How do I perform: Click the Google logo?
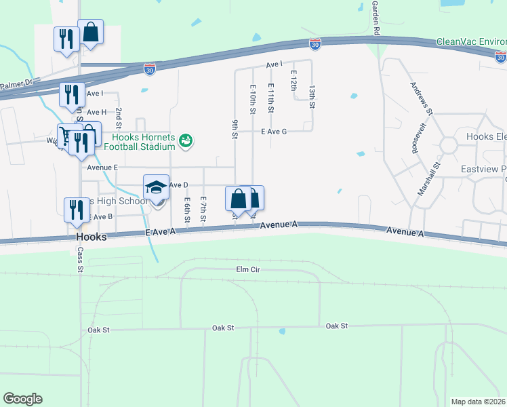(x=22, y=399)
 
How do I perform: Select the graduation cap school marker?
(x=156, y=187)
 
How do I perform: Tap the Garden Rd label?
(x=376, y=17)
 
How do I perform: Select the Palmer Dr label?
(x=16, y=85)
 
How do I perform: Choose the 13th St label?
(x=312, y=96)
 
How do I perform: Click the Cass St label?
(x=80, y=258)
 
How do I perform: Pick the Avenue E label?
(x=102, y=167)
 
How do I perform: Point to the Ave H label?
(x=96, y=112)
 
